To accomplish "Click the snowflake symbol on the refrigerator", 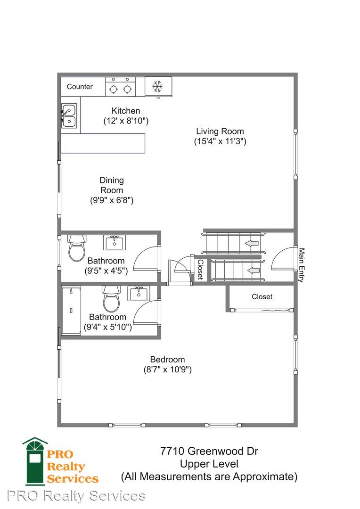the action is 157,86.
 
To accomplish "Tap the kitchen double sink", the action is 69,116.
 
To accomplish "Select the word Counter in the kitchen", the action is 80,87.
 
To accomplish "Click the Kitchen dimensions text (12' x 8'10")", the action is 126,121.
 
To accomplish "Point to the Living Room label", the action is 220,131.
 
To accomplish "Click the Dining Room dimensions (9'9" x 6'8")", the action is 112,200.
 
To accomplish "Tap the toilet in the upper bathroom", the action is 77,248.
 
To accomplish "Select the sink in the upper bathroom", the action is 114,243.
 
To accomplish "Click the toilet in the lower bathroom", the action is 111,299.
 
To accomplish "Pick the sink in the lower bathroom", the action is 139,294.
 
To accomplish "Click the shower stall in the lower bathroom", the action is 71,310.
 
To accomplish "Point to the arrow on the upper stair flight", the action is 252,243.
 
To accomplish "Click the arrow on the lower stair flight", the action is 254,270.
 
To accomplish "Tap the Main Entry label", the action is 302,265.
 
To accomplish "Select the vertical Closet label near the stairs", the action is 200,270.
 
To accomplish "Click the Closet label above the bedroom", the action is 262,297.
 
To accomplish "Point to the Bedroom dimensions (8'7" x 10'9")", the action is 167,369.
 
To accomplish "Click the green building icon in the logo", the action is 35,461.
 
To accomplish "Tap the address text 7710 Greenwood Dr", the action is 209,451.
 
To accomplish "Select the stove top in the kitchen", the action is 121,87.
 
